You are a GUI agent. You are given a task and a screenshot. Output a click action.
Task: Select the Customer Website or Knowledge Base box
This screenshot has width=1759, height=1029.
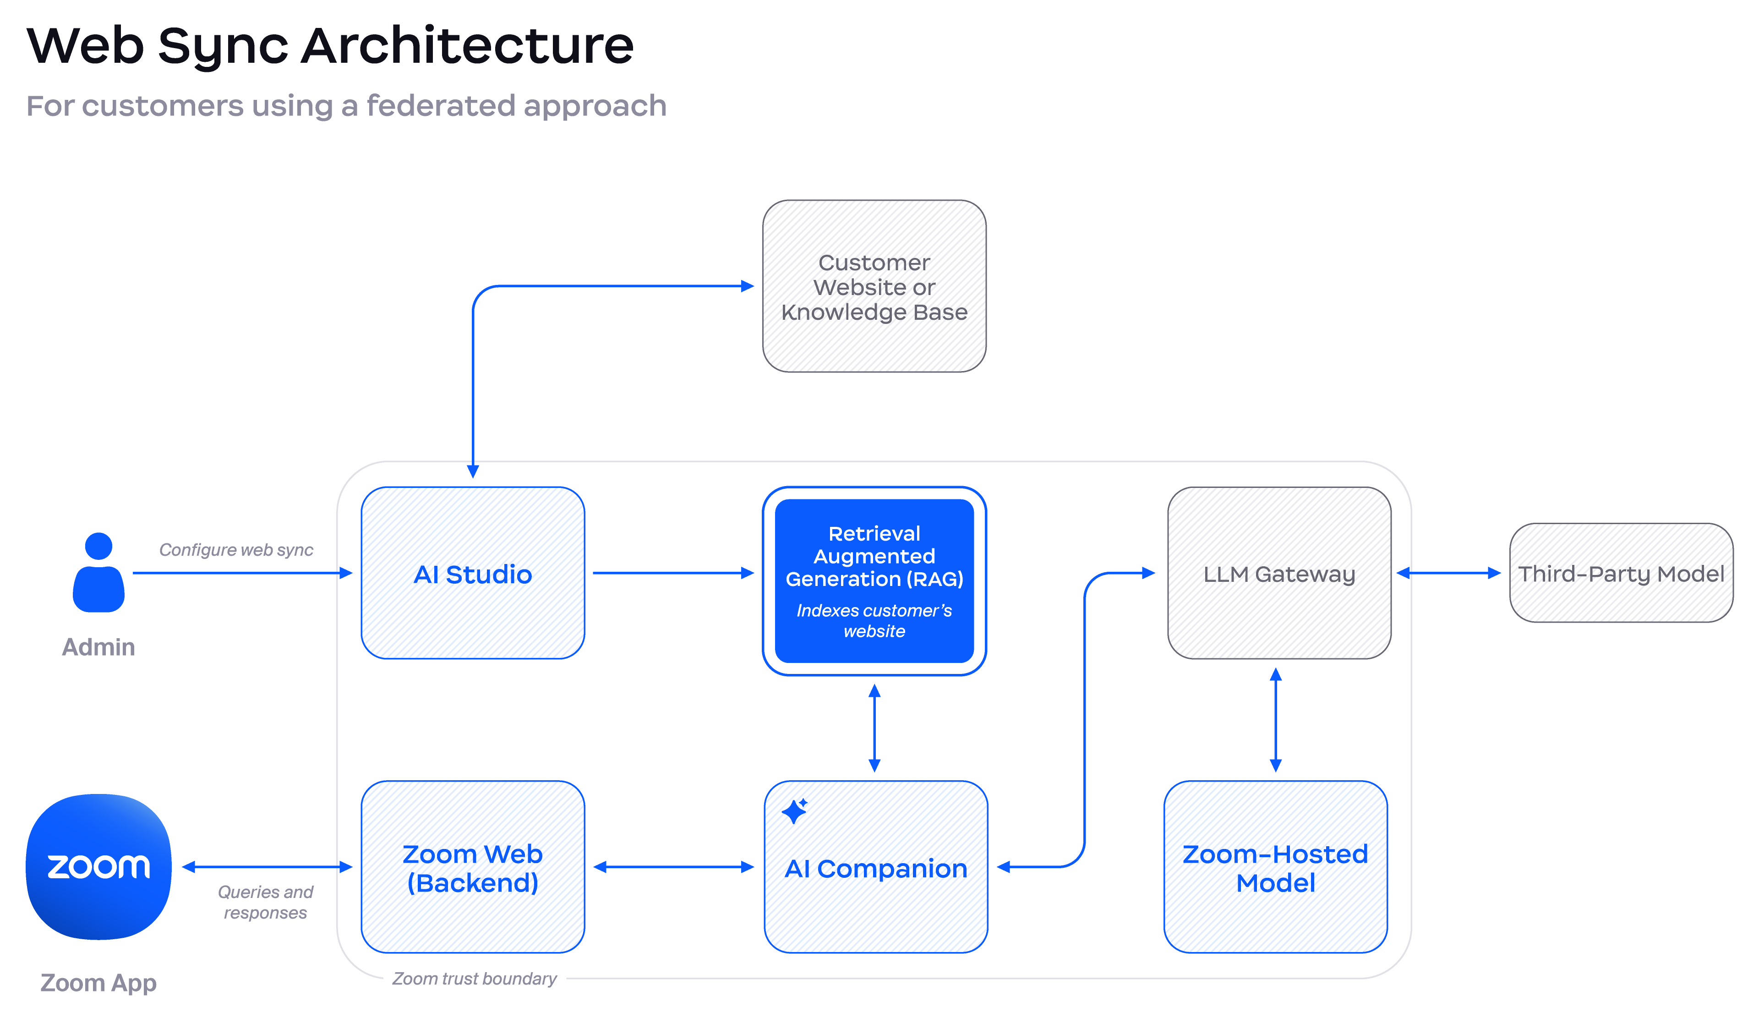874,286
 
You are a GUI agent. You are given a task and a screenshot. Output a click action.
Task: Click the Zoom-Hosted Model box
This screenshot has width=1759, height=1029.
1275,867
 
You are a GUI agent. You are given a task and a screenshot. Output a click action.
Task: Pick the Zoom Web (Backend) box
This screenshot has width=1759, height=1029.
473,867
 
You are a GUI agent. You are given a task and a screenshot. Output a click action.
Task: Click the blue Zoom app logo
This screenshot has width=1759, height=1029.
98,866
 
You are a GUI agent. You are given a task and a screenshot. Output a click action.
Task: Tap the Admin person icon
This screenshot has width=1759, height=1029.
98,572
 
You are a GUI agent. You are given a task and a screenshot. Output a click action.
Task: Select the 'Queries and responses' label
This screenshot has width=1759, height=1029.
265,902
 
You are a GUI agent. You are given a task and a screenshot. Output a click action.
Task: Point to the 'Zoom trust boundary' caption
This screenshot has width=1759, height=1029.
475,979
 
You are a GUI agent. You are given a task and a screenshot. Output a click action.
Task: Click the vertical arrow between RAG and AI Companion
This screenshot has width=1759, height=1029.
874,728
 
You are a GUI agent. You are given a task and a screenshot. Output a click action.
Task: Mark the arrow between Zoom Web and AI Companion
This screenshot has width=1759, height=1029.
673,867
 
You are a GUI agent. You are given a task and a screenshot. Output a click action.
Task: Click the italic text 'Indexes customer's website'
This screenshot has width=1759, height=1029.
874,621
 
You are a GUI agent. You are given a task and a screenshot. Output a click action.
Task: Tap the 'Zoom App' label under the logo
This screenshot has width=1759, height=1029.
98,983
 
